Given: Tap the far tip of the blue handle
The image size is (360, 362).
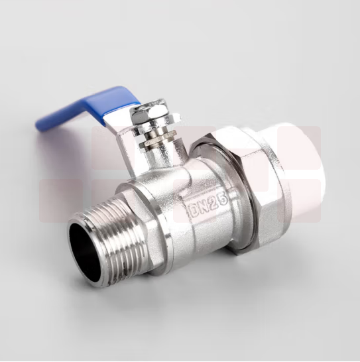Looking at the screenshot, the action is click(36, 126).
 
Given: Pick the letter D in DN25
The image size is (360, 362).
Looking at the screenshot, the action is click(194, 210).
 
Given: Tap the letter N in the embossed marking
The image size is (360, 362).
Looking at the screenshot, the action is click(204, 206).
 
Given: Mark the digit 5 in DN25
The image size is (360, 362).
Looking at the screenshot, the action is click(223, 199).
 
